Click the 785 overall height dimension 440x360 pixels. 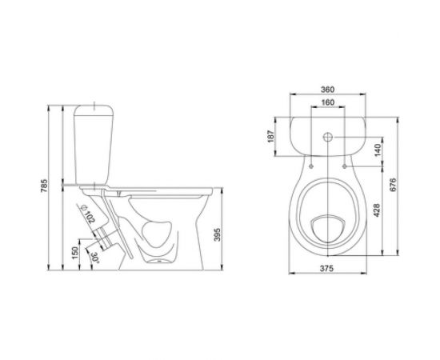pos(45,186)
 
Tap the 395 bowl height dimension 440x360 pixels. pos(218,234)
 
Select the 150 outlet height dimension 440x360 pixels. pos(75,253)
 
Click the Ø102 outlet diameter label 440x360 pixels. pos(88,214)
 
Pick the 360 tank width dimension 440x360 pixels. pos(327,90)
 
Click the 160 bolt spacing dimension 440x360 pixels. pos(327,102)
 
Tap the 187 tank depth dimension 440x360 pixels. pos(270,136)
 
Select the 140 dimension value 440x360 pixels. pos(378,150)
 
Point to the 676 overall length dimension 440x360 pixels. pos(393,185)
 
